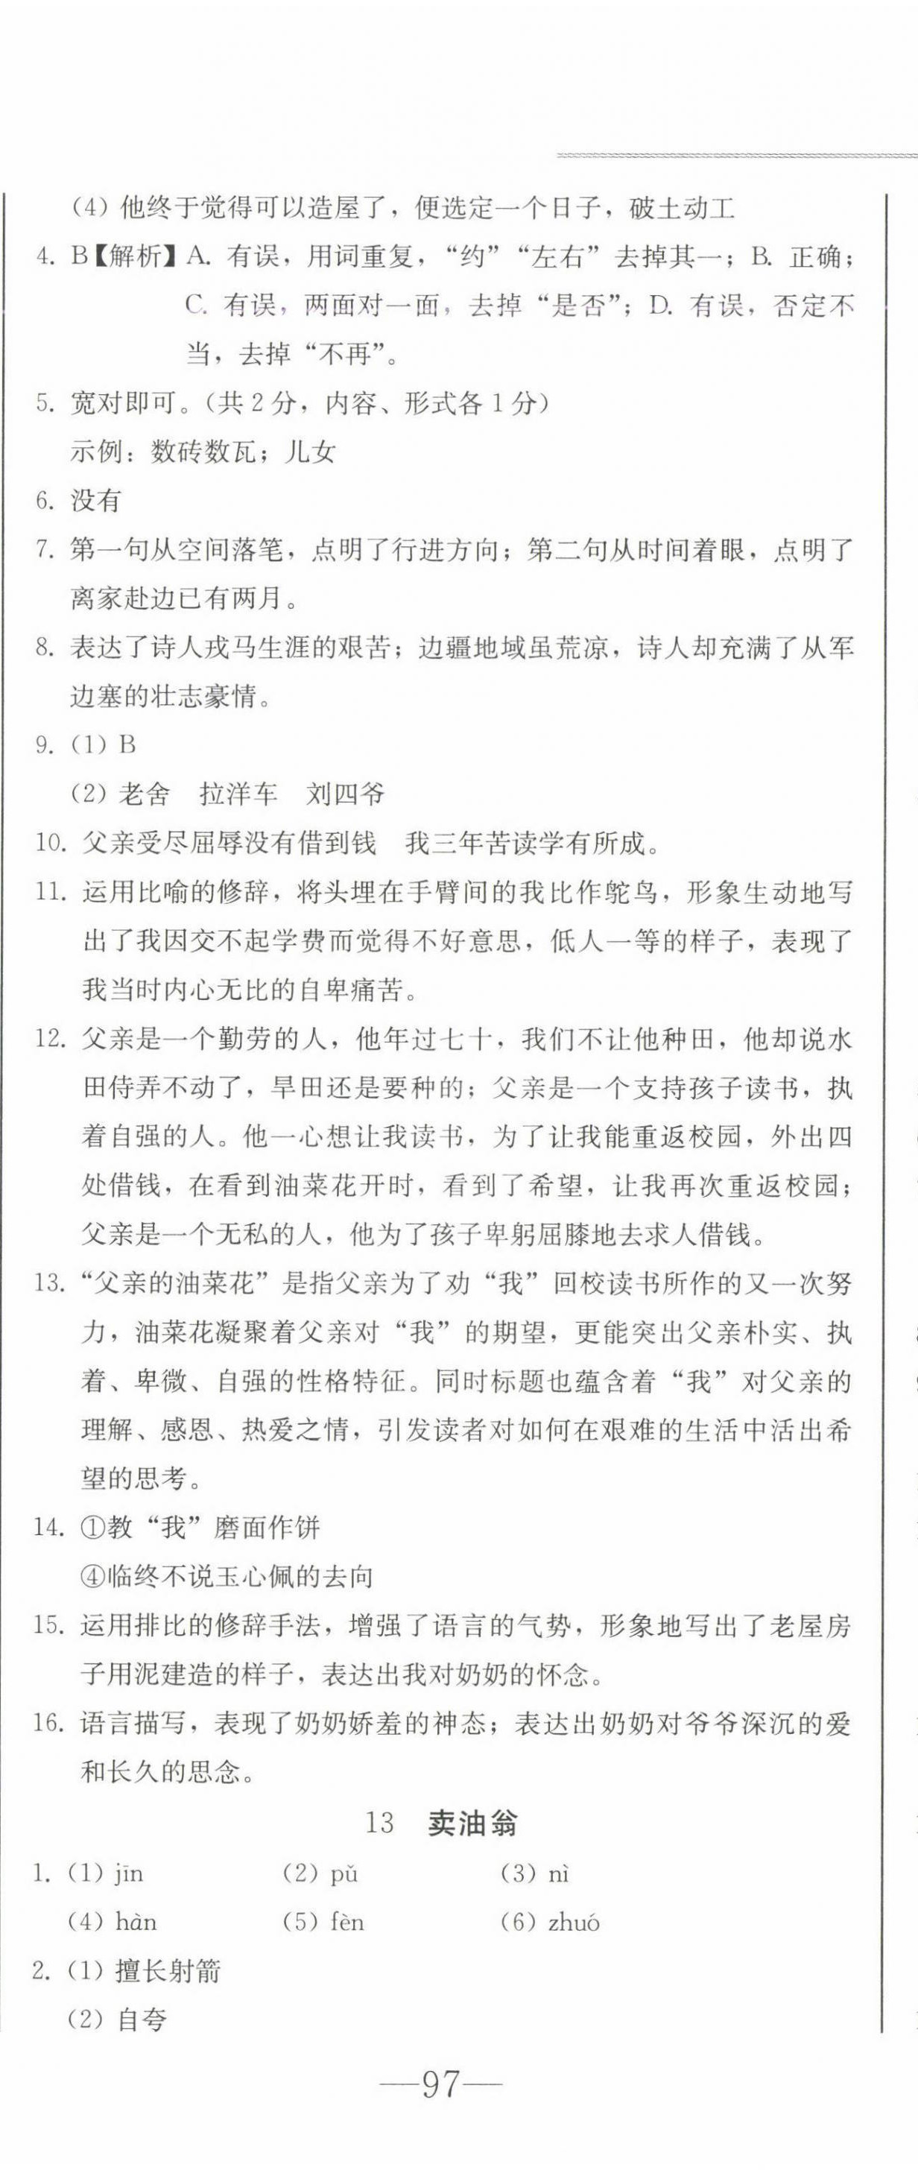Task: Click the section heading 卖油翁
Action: pyautogui.click(x=472, y=1823)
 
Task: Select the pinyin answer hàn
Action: pyautogui.click(x=136, y=1923)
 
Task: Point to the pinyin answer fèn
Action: pyautogui.click(x=346, y=1923)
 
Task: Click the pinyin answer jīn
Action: pyautogui.click(x=129, y=1873)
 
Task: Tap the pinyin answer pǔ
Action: pyautogui.click(x=344, y=1873)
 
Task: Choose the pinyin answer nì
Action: pyautogui.click(x=558, y=1873)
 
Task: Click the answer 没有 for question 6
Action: pyautogui.click(x=96, y=502)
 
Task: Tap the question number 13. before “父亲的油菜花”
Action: pyautogui.click(x=50, y=1284)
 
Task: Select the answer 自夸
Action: pyautogui.click(x=142, y=2019)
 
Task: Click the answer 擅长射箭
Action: pyautogui.click(x=168, y=1970)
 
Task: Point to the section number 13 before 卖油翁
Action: pyautogui.click(x=380, y=1823)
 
